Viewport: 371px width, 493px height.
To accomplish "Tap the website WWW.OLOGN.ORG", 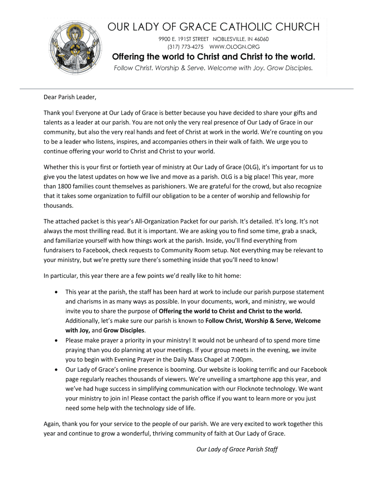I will point(235,47).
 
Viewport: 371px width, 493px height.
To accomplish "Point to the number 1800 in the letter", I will point(65,186).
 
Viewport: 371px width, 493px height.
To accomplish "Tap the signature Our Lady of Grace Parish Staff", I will point(237,450).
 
